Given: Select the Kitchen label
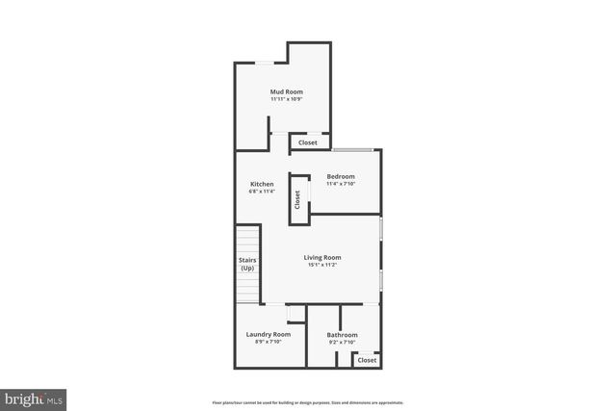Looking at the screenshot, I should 262,184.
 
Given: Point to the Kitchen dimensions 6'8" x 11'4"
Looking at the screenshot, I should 262,192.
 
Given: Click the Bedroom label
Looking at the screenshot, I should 341,176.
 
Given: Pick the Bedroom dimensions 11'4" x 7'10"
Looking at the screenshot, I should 341,184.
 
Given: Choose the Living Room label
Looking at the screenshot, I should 322,257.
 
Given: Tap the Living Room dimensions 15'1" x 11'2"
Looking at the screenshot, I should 322,265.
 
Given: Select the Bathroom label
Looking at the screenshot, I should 342,335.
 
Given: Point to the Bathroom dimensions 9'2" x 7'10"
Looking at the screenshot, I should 342,342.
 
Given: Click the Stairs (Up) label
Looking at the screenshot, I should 247,264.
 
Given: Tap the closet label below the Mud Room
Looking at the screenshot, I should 308,142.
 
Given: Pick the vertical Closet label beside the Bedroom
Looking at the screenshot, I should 297,199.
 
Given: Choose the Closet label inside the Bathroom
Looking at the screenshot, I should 367,360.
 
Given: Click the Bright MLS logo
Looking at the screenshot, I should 34,398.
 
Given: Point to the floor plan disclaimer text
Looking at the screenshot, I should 308,402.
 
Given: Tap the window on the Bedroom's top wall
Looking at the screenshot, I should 353,149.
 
